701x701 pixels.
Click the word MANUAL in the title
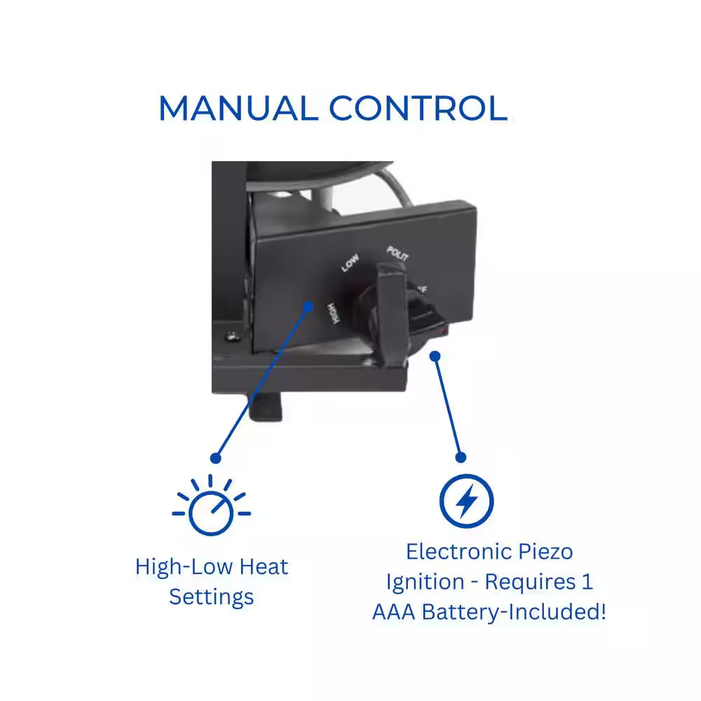coord(238,109)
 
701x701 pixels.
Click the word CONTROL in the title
coord(418,109)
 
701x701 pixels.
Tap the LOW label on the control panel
coord(350,264)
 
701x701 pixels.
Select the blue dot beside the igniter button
coord(435,356)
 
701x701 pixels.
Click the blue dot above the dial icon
coord(215,458)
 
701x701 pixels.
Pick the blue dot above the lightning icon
coord(461,457)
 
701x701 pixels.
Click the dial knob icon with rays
coord(210,507)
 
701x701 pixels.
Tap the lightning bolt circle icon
coord(466,501)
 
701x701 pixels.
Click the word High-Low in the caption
coord(181,566)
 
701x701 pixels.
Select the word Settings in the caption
coord(211,597)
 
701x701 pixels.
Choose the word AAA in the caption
coord(394,611)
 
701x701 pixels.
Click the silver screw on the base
coord(230,337)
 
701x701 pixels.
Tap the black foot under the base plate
coord(267,407)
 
